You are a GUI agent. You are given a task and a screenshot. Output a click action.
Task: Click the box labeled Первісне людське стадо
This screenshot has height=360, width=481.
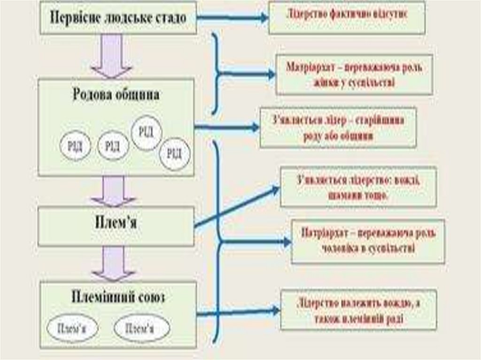118,18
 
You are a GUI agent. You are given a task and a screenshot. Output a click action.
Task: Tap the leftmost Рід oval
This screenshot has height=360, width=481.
74,146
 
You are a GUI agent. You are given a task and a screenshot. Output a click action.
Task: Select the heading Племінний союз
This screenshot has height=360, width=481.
118,298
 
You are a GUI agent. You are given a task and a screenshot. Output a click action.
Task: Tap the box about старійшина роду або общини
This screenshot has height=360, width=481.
338,127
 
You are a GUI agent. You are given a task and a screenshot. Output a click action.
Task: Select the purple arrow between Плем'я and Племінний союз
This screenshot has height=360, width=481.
113,263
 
